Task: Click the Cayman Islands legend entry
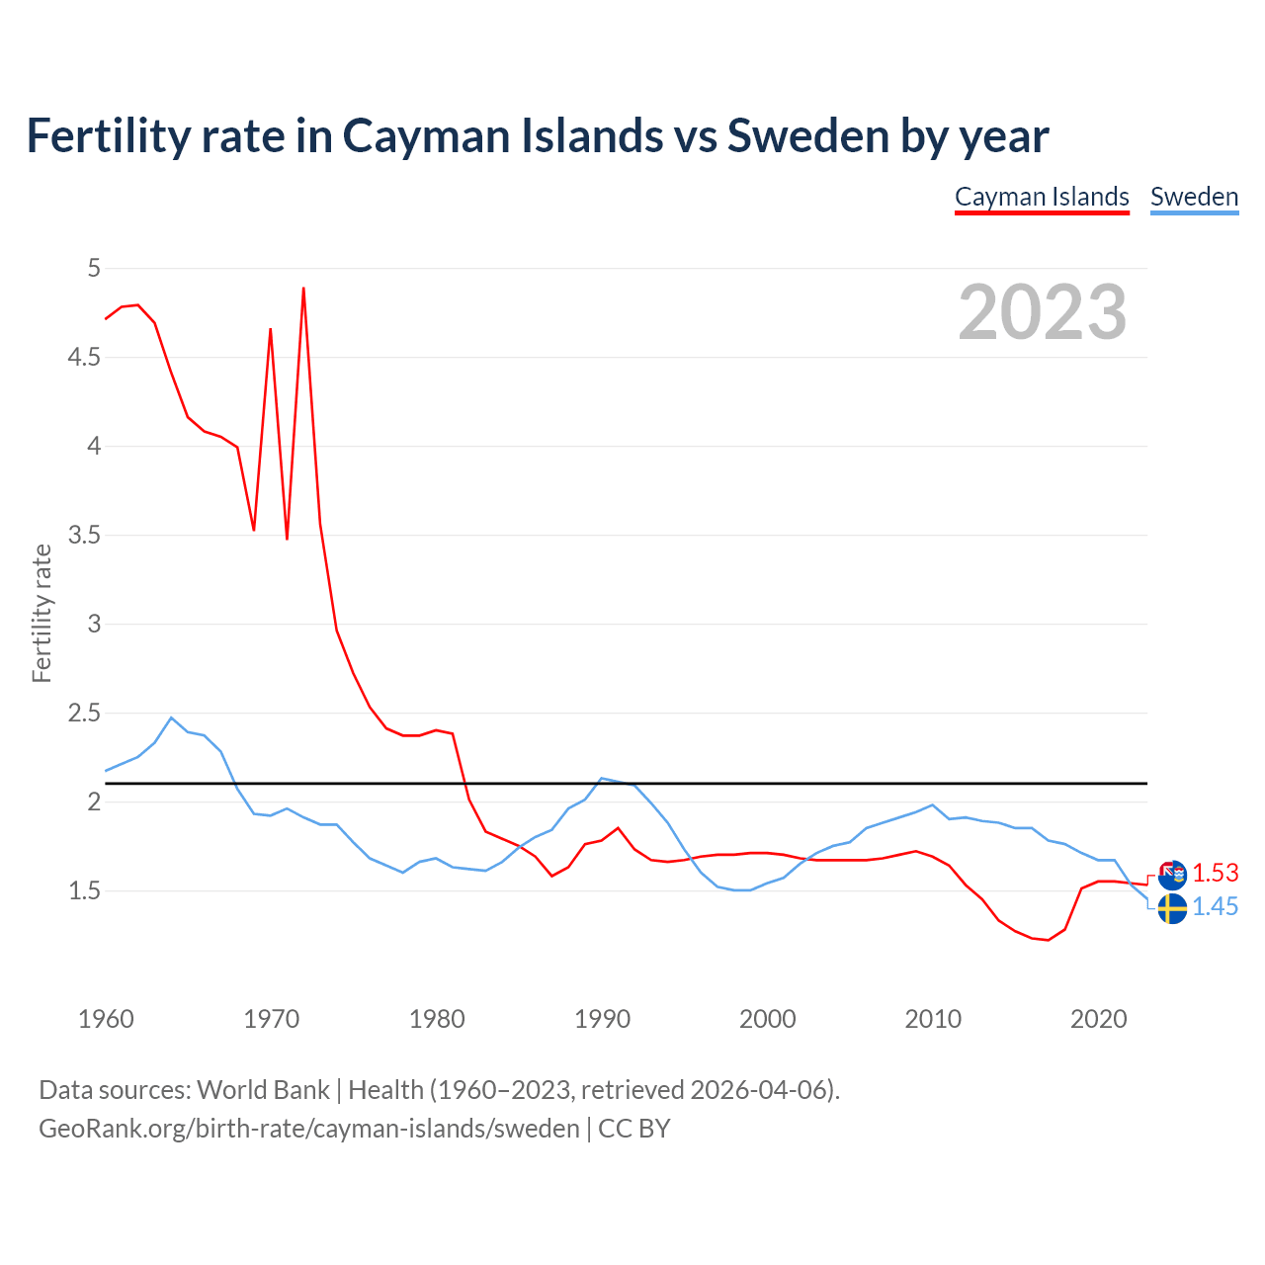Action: click(1042, 197)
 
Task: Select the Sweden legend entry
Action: click(1194, 197)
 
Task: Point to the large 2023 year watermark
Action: click(1042, 312)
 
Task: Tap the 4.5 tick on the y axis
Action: click(84, 357)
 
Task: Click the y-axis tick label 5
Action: click(94, 268)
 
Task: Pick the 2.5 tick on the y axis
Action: click(84, 713)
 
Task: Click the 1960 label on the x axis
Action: click(106, 1019)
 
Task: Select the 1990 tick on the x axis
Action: click(602, 1019)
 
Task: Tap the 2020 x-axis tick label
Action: click(1098, 1019)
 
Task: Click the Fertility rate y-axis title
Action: click(42, 613)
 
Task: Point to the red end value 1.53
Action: click(1215, 874)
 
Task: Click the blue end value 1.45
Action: click(1215, 907)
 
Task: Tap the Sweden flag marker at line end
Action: click(1172, 908)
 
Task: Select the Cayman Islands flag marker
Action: click(1172, 875)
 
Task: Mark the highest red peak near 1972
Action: click(303, 288)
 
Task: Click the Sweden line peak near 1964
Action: click(171, 717)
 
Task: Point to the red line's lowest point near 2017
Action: click(1048, 940)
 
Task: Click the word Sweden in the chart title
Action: click(807, 135)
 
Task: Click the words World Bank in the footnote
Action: click(263, 1090)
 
